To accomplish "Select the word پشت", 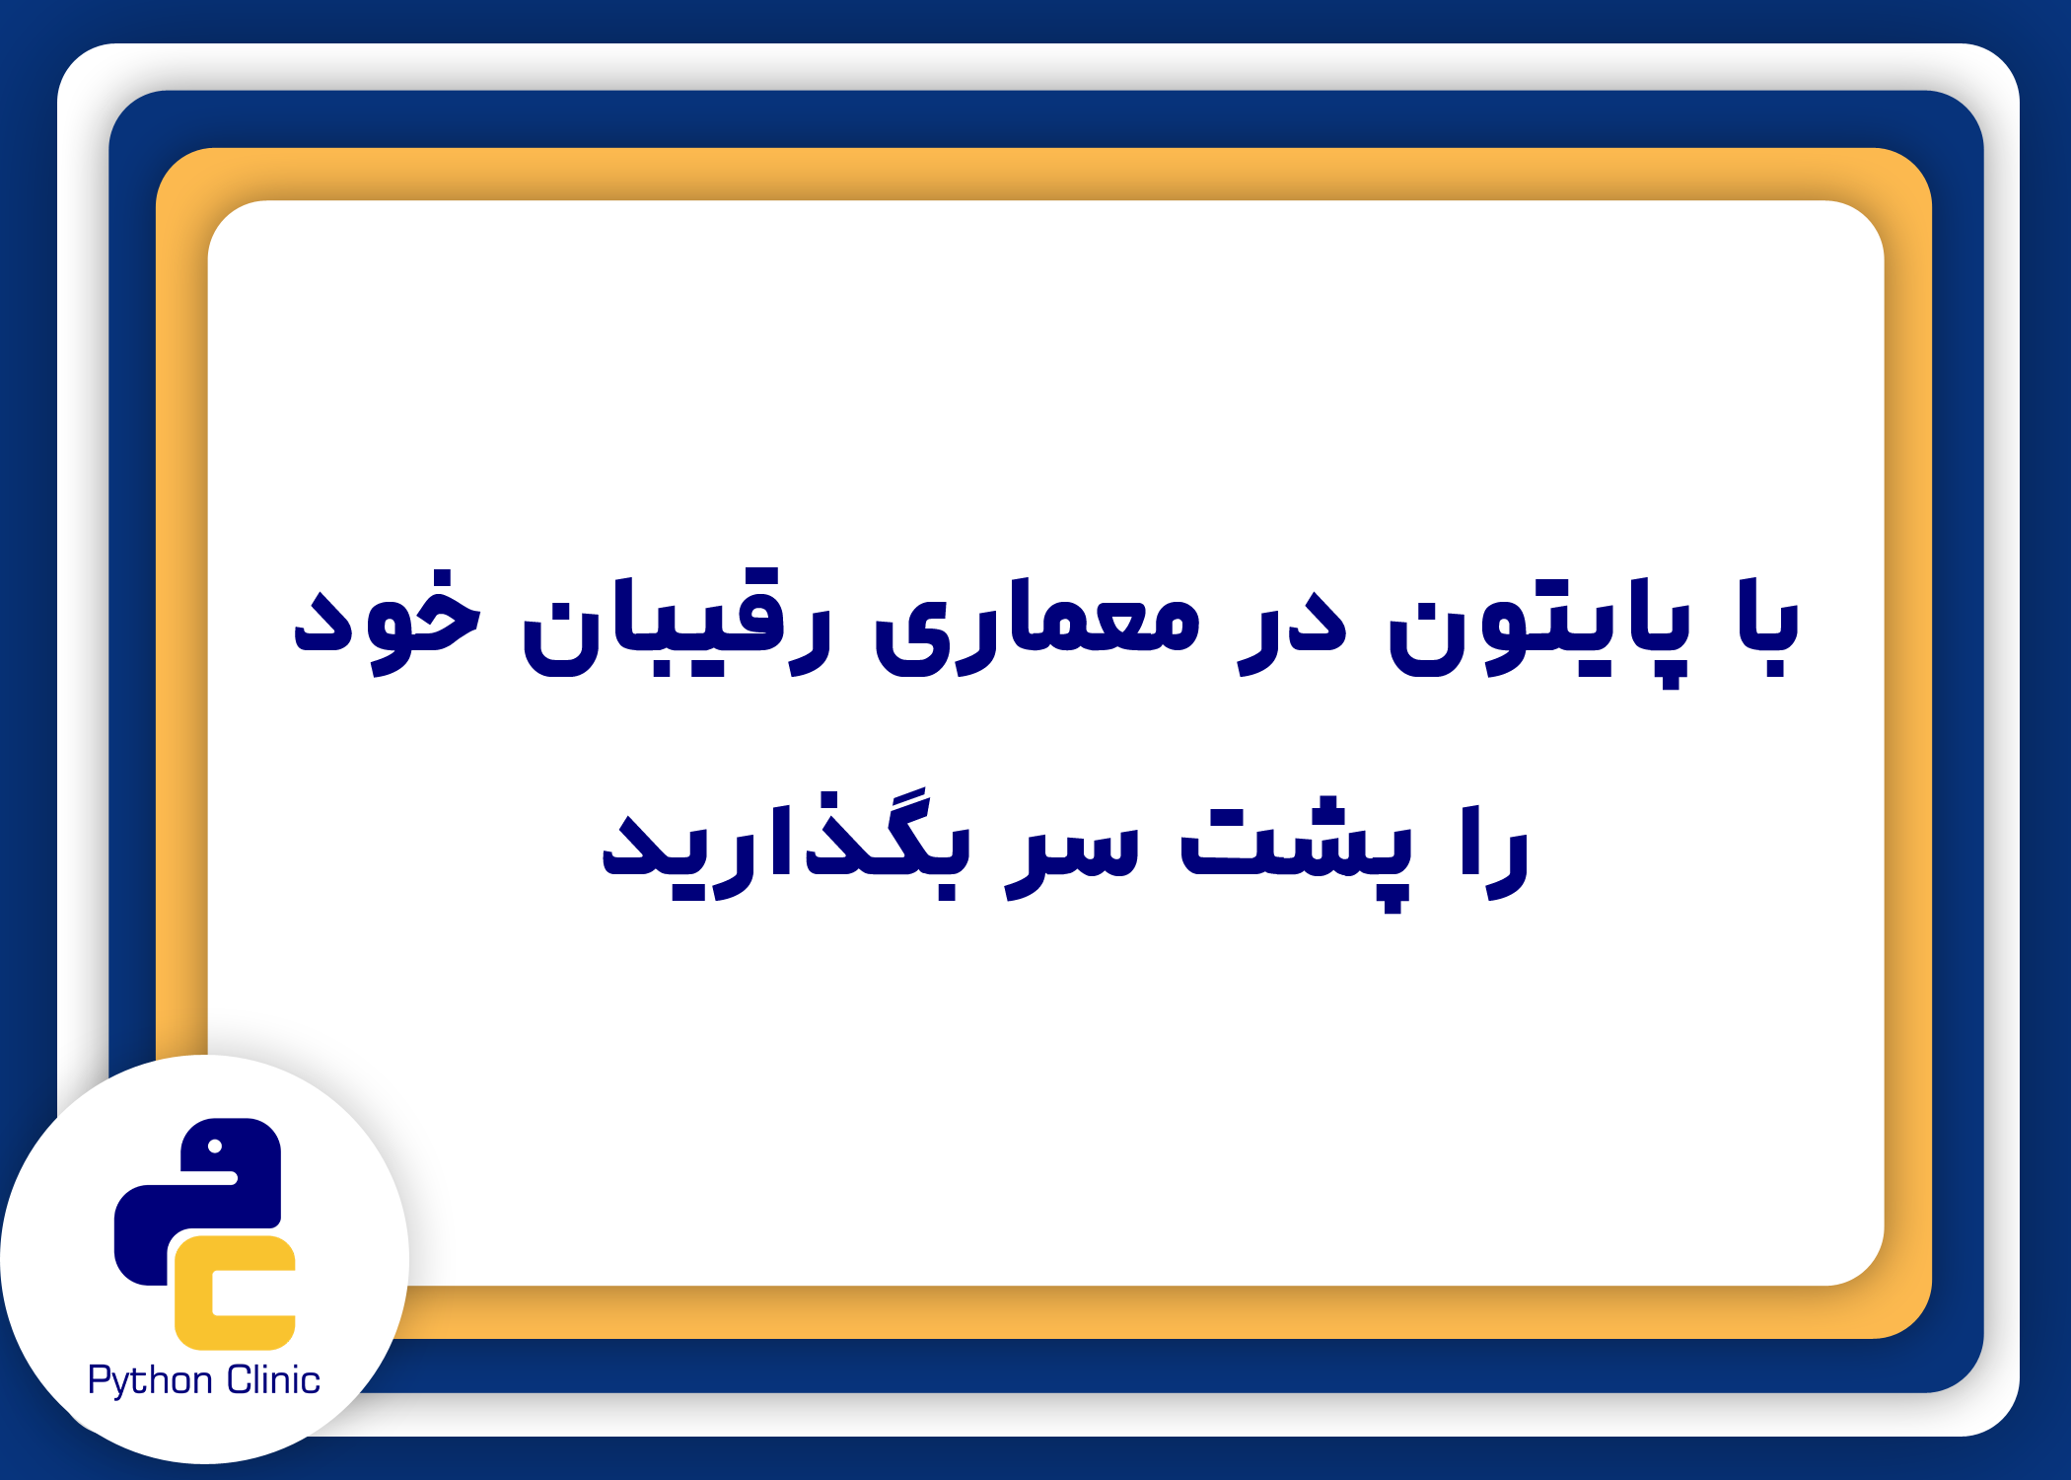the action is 1296,854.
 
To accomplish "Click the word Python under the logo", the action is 150,1380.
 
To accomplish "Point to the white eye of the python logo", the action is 215,1146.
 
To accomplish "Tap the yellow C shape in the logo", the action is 235,1293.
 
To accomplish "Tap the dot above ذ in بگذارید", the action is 830,800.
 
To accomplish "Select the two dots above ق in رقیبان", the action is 758,577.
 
